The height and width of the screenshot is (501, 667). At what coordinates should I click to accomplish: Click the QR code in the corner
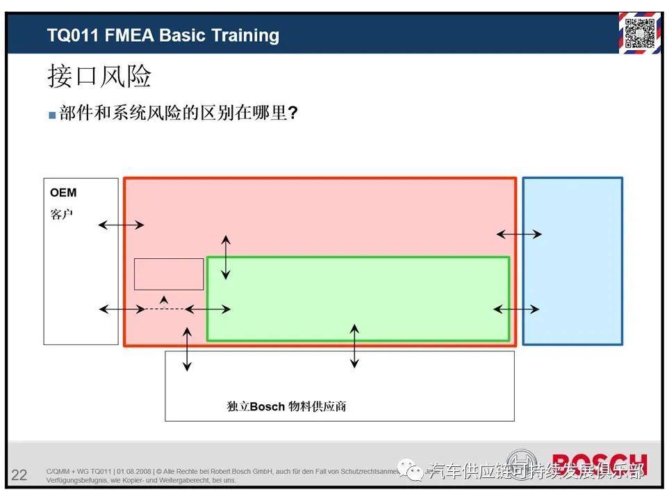(640, 33)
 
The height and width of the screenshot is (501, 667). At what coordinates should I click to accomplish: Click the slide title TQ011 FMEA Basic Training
(163, 35)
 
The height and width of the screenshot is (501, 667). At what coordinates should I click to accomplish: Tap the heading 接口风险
(99, 76)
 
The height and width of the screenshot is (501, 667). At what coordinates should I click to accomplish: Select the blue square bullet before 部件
(52, 116)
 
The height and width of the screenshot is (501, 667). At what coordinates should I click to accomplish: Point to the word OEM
(63, 193)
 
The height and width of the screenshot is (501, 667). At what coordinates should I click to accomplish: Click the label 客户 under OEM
(61, 214)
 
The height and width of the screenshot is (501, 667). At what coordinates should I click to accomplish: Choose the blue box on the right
(572, 261)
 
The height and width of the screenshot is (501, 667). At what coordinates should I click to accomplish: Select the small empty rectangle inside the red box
(169, 274)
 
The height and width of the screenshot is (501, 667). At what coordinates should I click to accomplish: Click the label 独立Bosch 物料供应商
(286, 406)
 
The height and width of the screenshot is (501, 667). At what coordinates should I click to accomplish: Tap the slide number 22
(19, 475)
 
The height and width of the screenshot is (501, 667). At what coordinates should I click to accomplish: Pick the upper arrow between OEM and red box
(121, 225)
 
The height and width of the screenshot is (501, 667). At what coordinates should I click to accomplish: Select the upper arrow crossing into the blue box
(519, 234)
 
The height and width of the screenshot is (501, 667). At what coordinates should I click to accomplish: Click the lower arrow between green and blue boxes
(516, 309)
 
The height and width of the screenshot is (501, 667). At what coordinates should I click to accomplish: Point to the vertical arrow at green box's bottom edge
(354, 345)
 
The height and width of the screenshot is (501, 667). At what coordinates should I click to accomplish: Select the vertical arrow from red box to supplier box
(187, 349)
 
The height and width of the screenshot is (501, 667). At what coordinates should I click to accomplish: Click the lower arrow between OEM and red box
(122, 309)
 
